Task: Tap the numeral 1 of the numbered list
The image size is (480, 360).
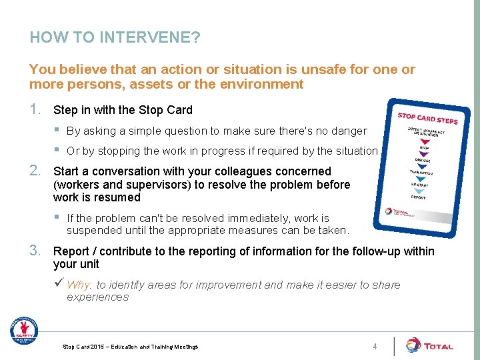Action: (x=35, y=109)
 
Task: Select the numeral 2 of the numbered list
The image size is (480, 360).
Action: (x=35, y=171)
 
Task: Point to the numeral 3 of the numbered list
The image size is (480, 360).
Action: (x=35, y=251)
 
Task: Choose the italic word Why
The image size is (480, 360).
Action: (x=80, y=285)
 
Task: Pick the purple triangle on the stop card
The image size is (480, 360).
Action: (x=423, y=154)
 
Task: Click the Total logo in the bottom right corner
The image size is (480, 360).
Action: (x=429, y=345)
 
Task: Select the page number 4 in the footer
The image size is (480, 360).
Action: (x=375, y=346)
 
